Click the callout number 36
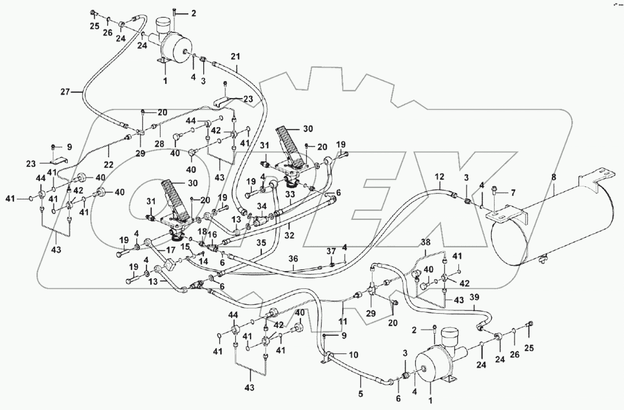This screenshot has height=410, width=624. click(x=293, y=259)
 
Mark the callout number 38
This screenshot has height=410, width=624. click(x=425, y=242)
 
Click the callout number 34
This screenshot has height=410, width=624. click(x=262, y=206)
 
